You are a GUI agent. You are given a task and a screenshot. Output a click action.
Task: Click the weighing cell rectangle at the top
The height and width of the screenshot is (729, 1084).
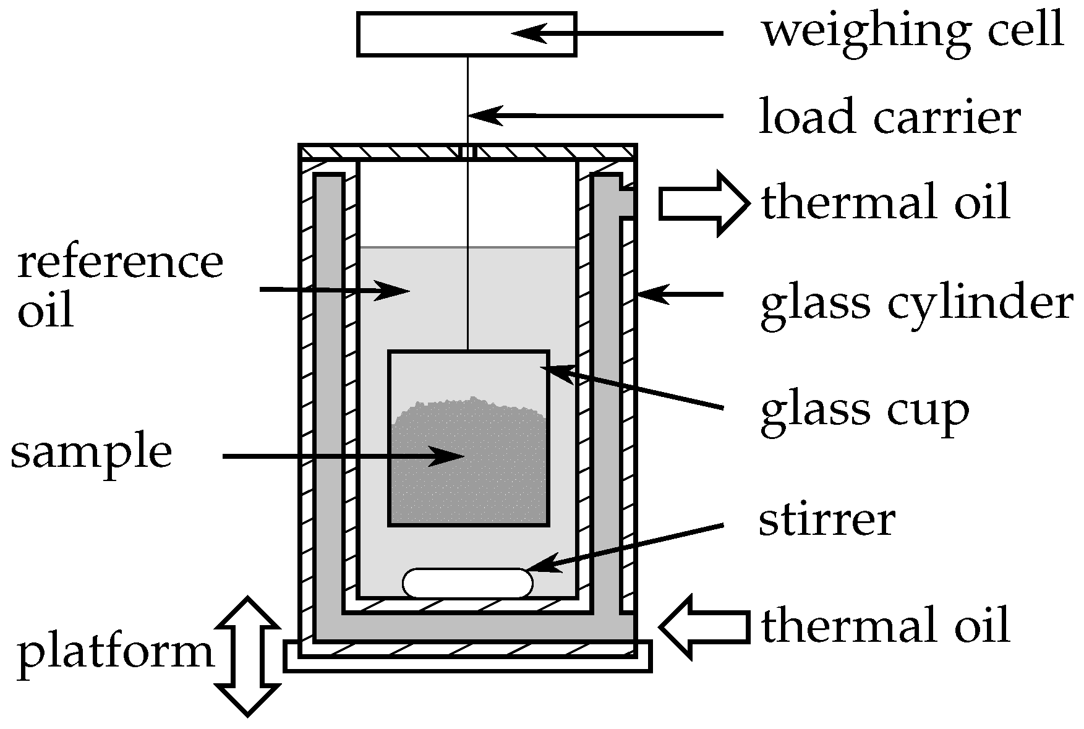point(433,35)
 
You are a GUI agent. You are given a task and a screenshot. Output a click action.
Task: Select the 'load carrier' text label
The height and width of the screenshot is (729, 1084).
point(889,117)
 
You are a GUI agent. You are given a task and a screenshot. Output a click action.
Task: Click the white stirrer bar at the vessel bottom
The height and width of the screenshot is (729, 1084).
point(467,583)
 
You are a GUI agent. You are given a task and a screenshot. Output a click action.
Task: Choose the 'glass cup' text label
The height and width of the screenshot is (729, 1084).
point(864,409)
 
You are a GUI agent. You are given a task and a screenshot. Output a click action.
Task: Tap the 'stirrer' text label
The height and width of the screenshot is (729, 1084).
point(827,520)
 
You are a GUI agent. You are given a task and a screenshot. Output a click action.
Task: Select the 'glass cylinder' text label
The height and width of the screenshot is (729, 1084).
point(915,304)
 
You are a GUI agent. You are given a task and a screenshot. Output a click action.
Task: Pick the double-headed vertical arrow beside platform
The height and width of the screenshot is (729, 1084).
point(247,657)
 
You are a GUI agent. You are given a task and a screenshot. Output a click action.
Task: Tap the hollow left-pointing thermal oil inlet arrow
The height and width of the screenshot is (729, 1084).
point(704,626)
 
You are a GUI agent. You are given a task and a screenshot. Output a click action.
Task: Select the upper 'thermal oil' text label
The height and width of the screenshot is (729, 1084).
point(886,203)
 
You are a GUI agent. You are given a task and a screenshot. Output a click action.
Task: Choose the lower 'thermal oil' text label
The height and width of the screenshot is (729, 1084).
point(886,626)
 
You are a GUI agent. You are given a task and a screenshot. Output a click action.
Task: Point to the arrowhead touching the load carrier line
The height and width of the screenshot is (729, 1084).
point(485,115)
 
